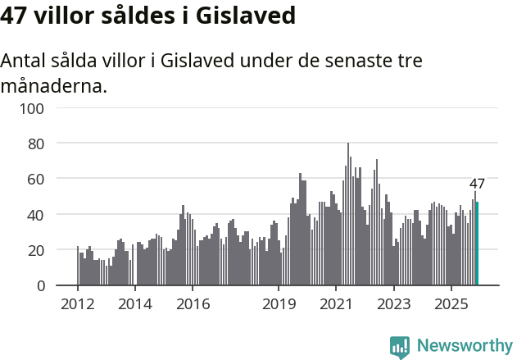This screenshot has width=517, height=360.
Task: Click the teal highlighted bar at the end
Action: point(478,244)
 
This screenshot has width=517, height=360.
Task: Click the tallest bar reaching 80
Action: point(348,215)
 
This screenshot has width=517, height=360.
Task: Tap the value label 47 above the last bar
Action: point(477,184)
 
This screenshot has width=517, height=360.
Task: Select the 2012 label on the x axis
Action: point(78,304)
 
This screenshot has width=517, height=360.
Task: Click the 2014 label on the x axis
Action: point(135,304)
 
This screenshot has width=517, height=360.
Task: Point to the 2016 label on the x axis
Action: point(193,304)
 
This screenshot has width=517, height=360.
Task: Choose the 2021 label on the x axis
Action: point(336,304)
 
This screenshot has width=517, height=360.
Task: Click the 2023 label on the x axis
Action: point(393,304)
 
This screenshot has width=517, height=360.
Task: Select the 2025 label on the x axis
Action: point(451,304)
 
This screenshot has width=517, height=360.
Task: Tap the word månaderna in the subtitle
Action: point(54,85)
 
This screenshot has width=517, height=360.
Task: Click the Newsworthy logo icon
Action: point(400,347)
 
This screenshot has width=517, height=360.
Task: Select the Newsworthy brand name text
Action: point(465,346)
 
